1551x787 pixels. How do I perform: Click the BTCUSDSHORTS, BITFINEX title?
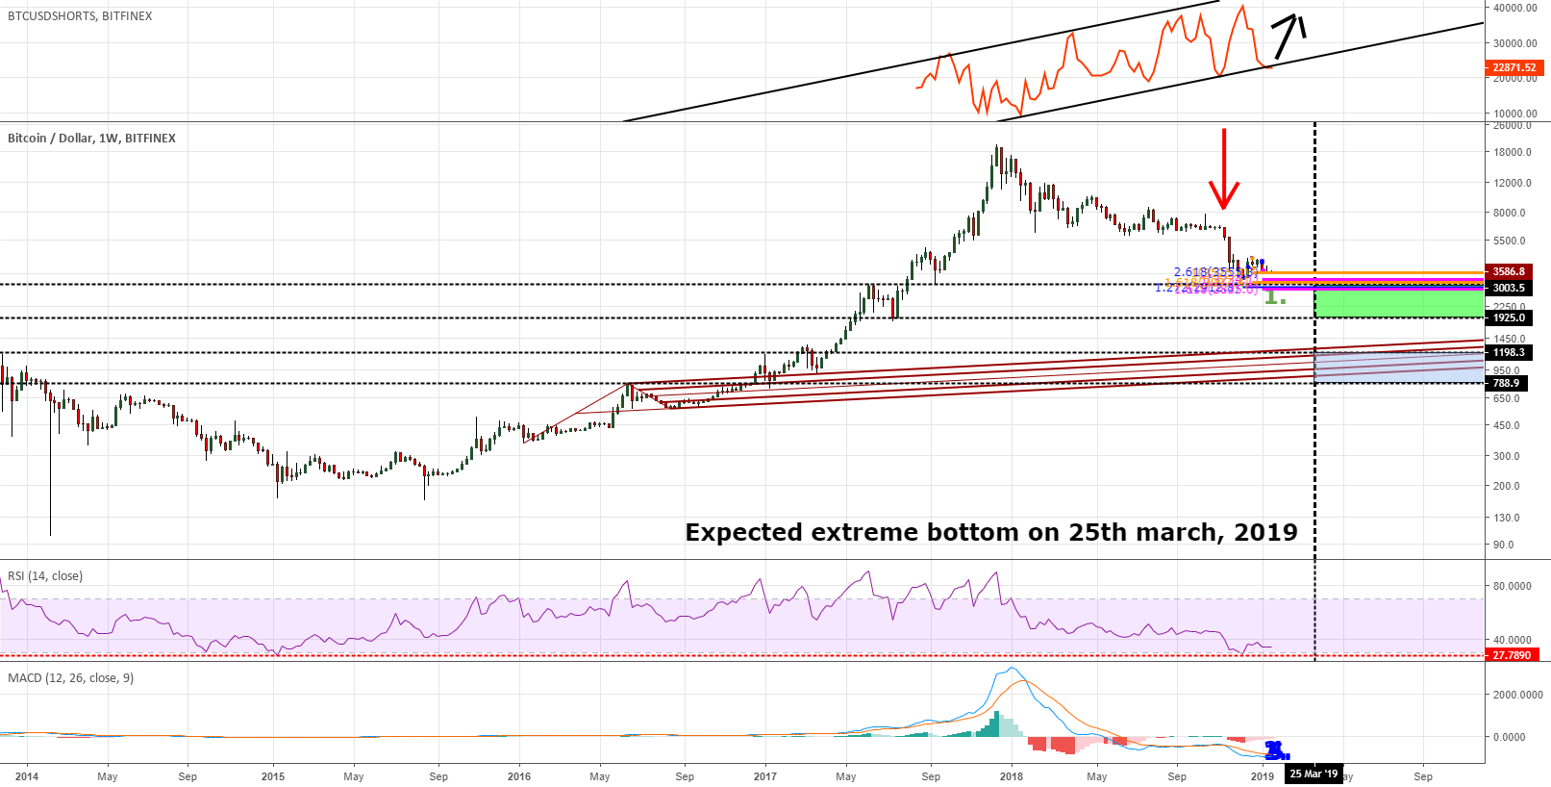point(80,16)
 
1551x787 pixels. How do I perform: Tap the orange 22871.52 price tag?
point(1513,67)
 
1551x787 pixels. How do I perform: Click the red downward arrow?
point(1223,168)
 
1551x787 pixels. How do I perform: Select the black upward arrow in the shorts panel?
point(1288,36)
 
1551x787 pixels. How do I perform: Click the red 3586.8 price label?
point(1509,272)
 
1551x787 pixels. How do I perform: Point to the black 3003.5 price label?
point(1509,289)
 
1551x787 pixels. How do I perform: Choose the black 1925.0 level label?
point(1509,317)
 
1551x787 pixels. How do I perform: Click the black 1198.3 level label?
point(1509,353)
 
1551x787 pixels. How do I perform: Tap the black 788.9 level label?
point(1506,383)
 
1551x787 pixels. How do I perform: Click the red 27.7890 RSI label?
point(1512,655)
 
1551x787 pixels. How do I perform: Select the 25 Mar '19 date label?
point(1313,774)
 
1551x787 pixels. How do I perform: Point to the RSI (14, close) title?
point(45,576)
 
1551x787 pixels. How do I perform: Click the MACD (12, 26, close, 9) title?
point(71,678)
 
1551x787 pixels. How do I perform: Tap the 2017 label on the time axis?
point(765,776)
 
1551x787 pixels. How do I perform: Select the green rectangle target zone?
point(1398,303)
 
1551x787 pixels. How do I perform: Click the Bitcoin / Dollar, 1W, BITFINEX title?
point(91,139)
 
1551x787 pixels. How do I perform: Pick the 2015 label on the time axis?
point(273,776)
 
